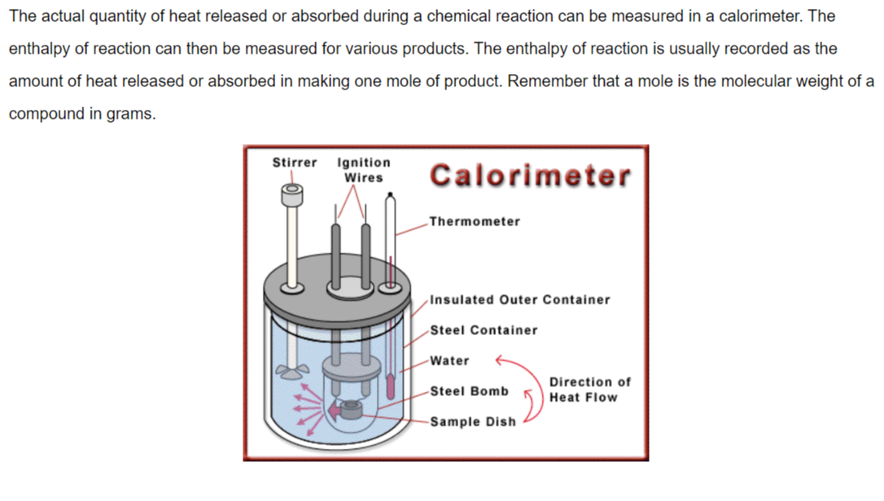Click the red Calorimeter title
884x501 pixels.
(530, 175)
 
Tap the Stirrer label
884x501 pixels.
(295, 163)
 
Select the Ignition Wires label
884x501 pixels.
(364, 170)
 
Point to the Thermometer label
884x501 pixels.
(475, 221)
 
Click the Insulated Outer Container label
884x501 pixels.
(520, 300)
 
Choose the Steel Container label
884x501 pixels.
(484, 330)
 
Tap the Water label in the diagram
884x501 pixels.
(449, 360)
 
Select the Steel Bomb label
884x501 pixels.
(469, 391)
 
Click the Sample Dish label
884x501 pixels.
(473, 421)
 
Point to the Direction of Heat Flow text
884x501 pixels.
(589, 390)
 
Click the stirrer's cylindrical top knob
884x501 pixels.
(292, 195)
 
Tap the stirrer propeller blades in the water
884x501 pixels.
(292, 372)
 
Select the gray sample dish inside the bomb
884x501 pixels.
(351, 409)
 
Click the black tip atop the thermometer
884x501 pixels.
(390, 194)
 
